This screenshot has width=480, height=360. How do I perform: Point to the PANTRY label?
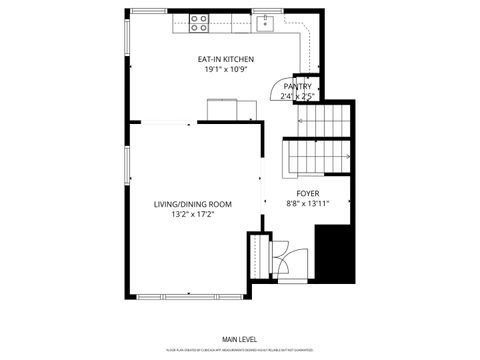pos(298,87)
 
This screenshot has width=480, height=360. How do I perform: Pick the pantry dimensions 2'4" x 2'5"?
pos(298,97)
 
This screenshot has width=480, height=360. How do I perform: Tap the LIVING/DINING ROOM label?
pos(192,204)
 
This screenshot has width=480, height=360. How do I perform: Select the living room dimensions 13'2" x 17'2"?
pos(192,214)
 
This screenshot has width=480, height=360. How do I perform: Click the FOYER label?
pos(308,193)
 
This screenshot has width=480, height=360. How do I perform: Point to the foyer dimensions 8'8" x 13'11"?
pos(308,203)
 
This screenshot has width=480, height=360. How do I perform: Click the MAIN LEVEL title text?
pos(239,340)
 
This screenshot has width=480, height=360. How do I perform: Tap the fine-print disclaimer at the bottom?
pos(239,350)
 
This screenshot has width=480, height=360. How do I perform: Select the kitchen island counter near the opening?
pos(221,109)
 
